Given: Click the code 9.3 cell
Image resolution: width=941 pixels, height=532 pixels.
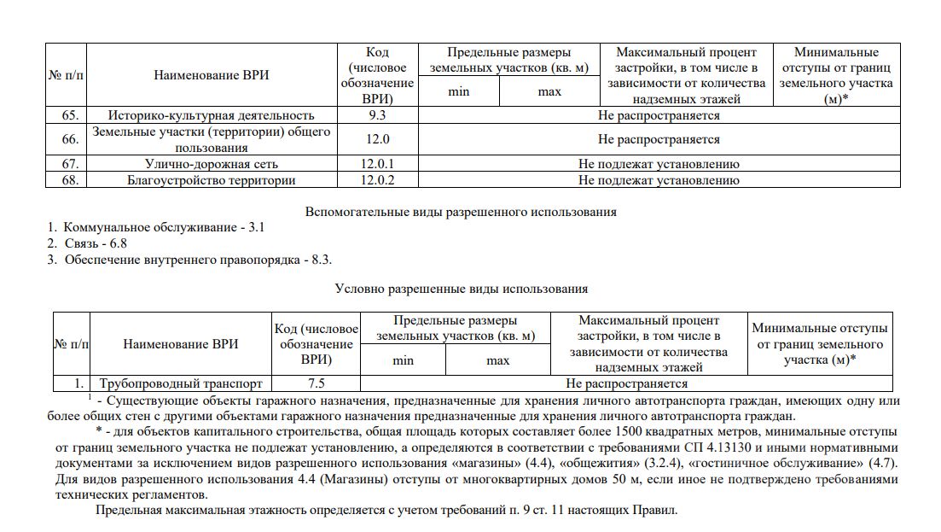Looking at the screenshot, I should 376,115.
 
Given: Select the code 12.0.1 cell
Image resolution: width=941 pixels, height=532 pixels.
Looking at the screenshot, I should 376,164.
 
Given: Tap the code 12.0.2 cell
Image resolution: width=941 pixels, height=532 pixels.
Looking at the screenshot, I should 376,180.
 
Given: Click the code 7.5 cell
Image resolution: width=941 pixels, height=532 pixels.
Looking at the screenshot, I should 316,384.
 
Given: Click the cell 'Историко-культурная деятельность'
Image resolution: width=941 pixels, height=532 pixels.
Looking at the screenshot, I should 211,115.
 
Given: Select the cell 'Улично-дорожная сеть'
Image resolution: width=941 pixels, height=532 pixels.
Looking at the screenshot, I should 211,164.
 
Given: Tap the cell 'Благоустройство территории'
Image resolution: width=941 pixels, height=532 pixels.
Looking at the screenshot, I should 211,180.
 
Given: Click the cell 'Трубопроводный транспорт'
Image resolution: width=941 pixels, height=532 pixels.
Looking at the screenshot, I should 180,384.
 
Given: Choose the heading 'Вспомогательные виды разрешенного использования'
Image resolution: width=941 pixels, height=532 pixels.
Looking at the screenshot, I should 461,212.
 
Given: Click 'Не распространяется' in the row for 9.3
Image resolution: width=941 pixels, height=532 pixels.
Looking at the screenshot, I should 659,115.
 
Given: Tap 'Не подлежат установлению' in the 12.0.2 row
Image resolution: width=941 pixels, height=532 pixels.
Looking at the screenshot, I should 659,180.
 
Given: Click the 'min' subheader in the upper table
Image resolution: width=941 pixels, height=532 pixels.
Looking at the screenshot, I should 458,92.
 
